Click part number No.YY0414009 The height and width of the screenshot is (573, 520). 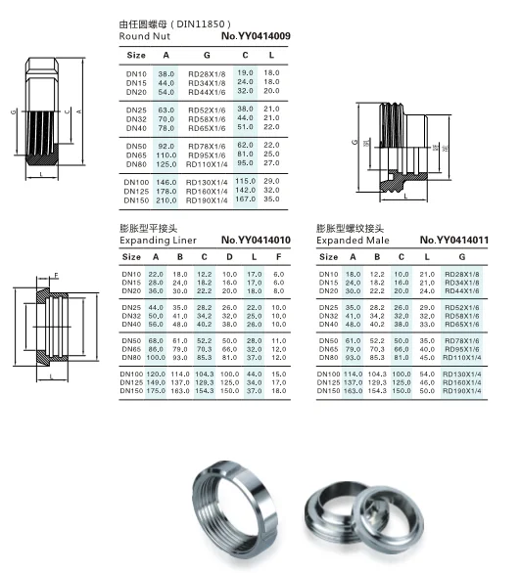click(x=256, y=36)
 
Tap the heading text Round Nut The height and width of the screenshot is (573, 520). click(x=145, y=36)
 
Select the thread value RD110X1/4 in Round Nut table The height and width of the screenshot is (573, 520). click(x=207, y=164)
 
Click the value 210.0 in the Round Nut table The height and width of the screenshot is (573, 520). click(x=166, y=200)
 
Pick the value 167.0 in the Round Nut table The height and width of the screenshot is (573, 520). click(x=245, y=199)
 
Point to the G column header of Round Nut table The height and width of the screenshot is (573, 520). click(x=207, y=55)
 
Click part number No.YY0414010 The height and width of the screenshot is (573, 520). click(x=256, y=241)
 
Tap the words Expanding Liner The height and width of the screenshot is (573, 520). click(x=158, y=241)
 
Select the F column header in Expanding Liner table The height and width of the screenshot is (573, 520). click(x=279, y=257)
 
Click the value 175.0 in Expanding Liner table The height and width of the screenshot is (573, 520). click(x=156, y=391)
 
